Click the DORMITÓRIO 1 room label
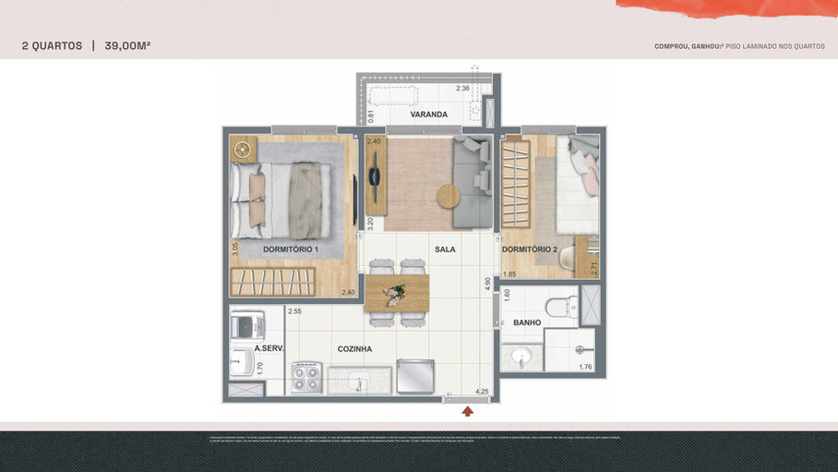coord(291,249)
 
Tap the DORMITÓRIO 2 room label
coord(530,249)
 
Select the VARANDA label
coord(429,115)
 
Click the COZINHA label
coord(354,348)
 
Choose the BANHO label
coord(527,322)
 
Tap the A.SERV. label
coord(269,348)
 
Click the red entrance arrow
coord(468,411)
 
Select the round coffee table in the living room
coord(449,196)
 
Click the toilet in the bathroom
coord(560,305)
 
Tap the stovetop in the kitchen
coord(305,378)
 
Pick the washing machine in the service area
coord(246,325)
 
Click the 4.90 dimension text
coord(488,284)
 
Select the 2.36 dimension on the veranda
coord(463,89)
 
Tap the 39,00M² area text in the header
coord(127,45)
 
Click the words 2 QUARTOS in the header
coord(52,45)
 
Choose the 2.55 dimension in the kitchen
coord(294,311)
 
